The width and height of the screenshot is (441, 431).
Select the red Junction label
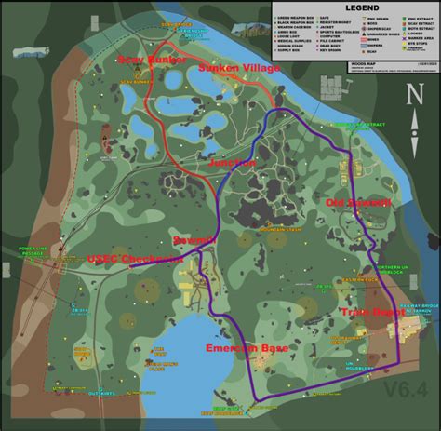pos(234,163)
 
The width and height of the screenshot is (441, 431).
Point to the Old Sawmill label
pos(349,202)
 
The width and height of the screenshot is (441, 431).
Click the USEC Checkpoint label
pos(135,259)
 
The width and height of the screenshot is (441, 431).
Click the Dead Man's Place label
pos(160,365)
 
